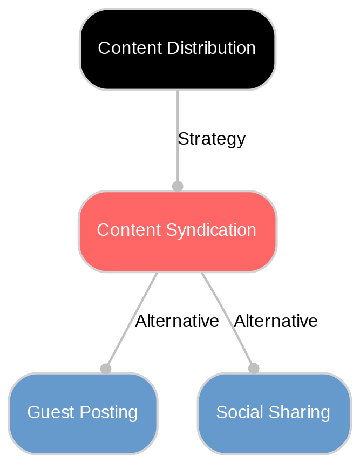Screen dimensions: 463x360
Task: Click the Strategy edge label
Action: tap(211, 139)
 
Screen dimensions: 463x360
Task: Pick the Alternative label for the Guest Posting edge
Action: tap(176, 321)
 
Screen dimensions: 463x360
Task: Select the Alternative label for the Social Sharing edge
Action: tap(275, 321)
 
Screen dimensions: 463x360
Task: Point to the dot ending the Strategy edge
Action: tap(177, 186)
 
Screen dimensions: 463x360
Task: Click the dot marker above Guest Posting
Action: tap(106, 369)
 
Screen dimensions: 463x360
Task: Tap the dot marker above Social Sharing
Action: tap(254, 368)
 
